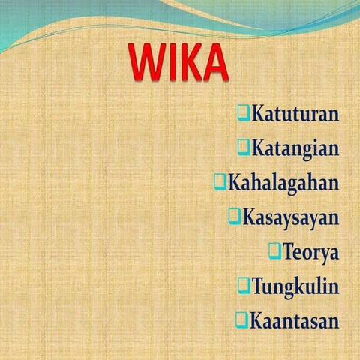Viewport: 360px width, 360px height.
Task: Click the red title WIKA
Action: (178, 63)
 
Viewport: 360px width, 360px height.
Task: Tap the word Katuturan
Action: (295, 115)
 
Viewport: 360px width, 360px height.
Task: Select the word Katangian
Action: (295, 148)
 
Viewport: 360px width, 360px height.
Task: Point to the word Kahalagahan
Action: (283, 182)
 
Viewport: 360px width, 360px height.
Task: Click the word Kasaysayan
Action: (290, 217)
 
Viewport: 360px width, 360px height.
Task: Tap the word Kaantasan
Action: (294, 321)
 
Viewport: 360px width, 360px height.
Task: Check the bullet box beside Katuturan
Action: (243, 113)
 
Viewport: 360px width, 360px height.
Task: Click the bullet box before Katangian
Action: (243, 147)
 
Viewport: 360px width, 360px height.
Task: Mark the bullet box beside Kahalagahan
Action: (220, 181)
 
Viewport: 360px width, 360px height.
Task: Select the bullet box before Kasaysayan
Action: (234, 216)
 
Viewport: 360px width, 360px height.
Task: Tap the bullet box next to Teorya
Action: (274, 250)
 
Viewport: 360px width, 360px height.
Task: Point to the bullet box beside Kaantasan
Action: (241, 319)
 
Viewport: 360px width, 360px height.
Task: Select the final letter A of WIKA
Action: (215, 63)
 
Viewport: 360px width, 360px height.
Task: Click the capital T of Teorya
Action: (289, 251)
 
